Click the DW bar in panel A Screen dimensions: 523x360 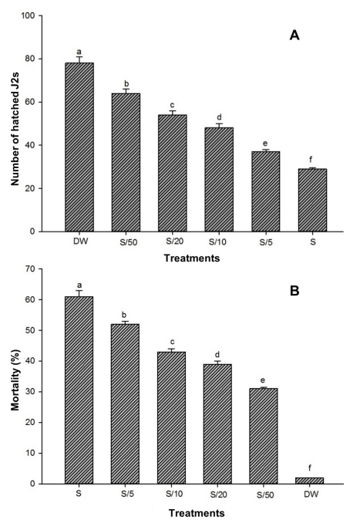click(79, 147)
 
